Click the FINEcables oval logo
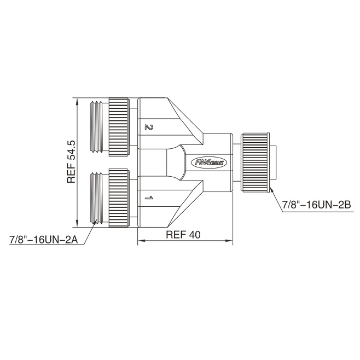209,163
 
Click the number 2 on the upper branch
149,127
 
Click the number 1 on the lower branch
149,198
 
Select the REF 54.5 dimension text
72,161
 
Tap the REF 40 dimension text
183,235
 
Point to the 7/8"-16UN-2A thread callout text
44,240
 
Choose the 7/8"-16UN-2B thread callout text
316,205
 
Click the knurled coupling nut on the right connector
255,162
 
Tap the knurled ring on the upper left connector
119,127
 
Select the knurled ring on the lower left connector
119,198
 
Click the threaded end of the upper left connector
96,126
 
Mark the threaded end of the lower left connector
96,198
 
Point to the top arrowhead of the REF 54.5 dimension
77,101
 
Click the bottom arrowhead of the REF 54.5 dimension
77,223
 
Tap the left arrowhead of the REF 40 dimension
141,241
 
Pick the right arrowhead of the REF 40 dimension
229,241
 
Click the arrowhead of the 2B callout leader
271,190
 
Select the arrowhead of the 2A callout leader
94,224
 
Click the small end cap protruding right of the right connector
273,162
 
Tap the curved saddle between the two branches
183,162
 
